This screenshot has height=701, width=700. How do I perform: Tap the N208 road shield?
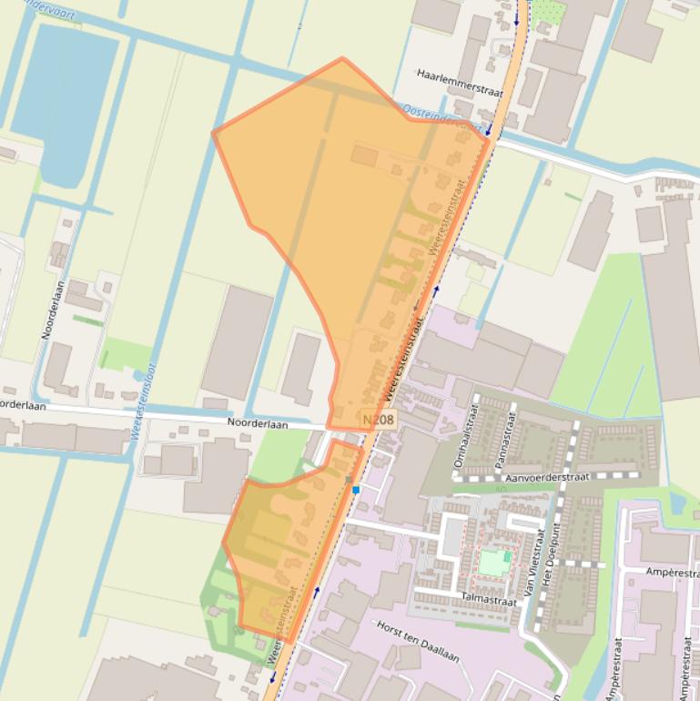point(378,419)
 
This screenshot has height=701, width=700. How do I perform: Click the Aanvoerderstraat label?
point(537,476)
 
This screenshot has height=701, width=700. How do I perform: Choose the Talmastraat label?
point(491,598)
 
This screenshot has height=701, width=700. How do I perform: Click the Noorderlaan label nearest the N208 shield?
point(258,424)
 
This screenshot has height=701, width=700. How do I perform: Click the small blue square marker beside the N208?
point(356,490)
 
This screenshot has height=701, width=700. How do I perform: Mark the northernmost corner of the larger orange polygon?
point(342,58)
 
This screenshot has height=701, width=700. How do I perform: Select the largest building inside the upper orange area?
point(364,156)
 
